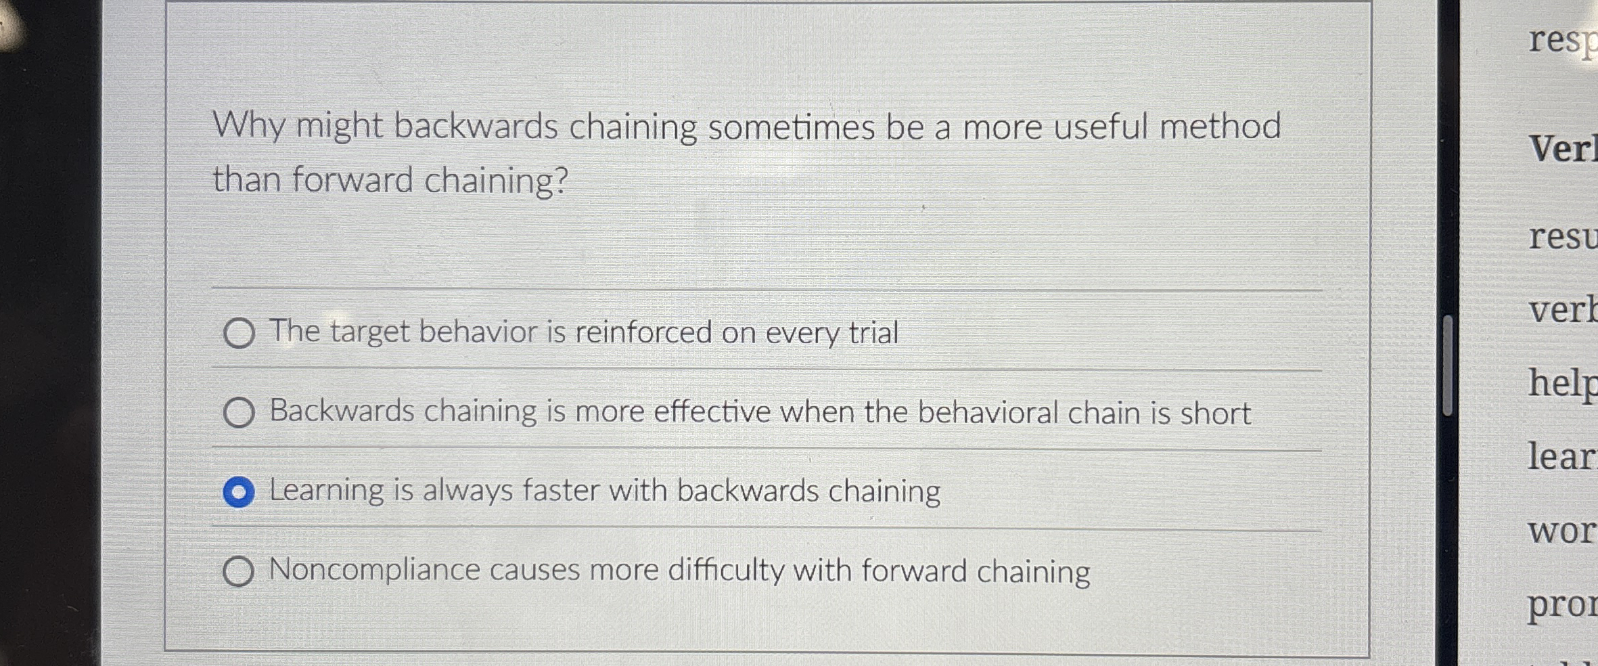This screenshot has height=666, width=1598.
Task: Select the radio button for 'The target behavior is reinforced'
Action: [239, 333]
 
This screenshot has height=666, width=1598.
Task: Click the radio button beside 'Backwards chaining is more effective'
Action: [239, 412]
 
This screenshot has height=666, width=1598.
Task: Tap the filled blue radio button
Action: [239, 492]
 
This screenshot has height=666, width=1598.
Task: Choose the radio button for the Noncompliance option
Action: [238, 571]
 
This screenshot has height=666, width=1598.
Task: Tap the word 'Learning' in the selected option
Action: [327, 491]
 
